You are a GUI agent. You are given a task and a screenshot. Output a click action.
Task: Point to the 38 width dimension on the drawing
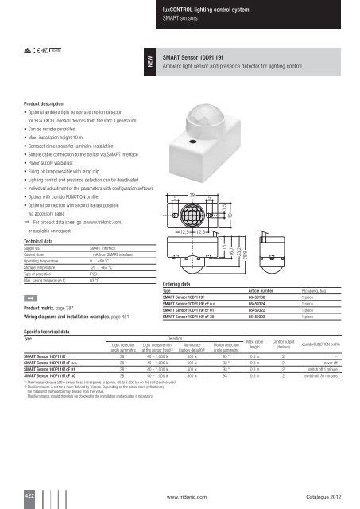tap(192, 194)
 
